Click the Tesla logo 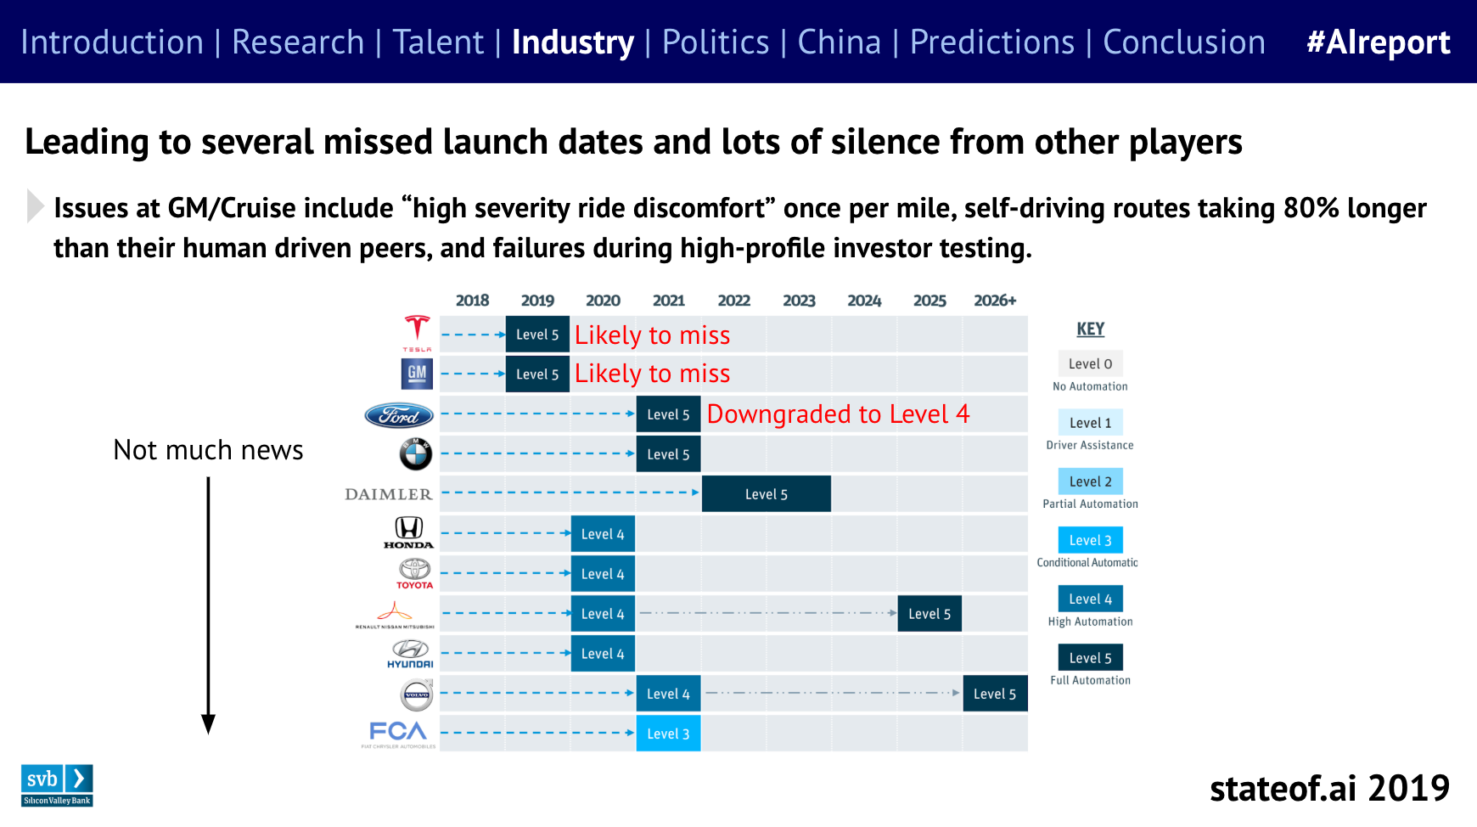point(417,332)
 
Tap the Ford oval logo point(399,415)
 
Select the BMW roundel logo point(416,454)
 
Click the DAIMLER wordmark point(389,494)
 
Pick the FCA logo point(398,733)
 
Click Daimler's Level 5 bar point(767,494)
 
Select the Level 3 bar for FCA point(668,734)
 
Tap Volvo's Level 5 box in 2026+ point(995,694)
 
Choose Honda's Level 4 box point(603,534)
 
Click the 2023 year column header point(799,301)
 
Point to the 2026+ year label point(995,301)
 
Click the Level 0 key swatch point(1090,363)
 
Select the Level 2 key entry point(1090,481)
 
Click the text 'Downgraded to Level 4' point(838,414)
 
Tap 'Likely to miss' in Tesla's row point(652,335)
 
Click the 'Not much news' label point(208,450)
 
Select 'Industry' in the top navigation point(573,42)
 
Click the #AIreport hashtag point(1379,42)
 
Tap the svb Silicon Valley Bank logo point(57,785)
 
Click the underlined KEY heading point(1090,329)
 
